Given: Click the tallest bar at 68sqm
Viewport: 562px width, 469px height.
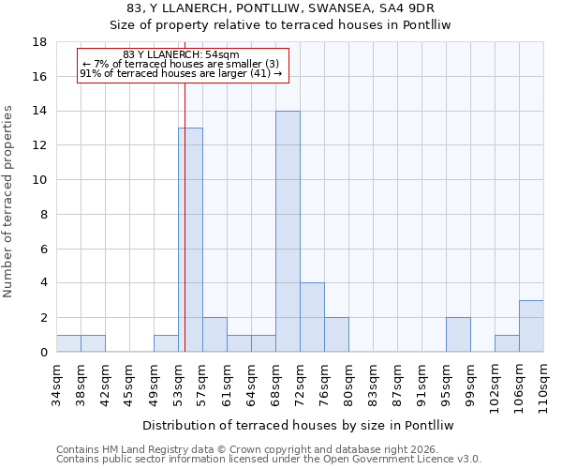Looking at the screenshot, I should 288,232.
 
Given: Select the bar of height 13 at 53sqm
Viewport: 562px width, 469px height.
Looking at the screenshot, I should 190,240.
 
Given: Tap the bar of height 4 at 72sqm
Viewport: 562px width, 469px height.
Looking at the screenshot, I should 312,317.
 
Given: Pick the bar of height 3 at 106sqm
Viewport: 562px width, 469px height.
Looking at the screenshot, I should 531,326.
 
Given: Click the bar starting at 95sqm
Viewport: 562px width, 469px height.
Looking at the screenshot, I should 458,335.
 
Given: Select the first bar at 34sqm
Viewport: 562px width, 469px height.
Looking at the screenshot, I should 68,343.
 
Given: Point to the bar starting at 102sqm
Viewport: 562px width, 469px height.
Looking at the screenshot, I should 507,343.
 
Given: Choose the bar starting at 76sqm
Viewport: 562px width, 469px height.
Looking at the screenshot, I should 336,335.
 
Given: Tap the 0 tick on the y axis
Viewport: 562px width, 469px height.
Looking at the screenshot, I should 44,352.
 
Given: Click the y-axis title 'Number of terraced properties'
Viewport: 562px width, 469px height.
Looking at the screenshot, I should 9,202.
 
